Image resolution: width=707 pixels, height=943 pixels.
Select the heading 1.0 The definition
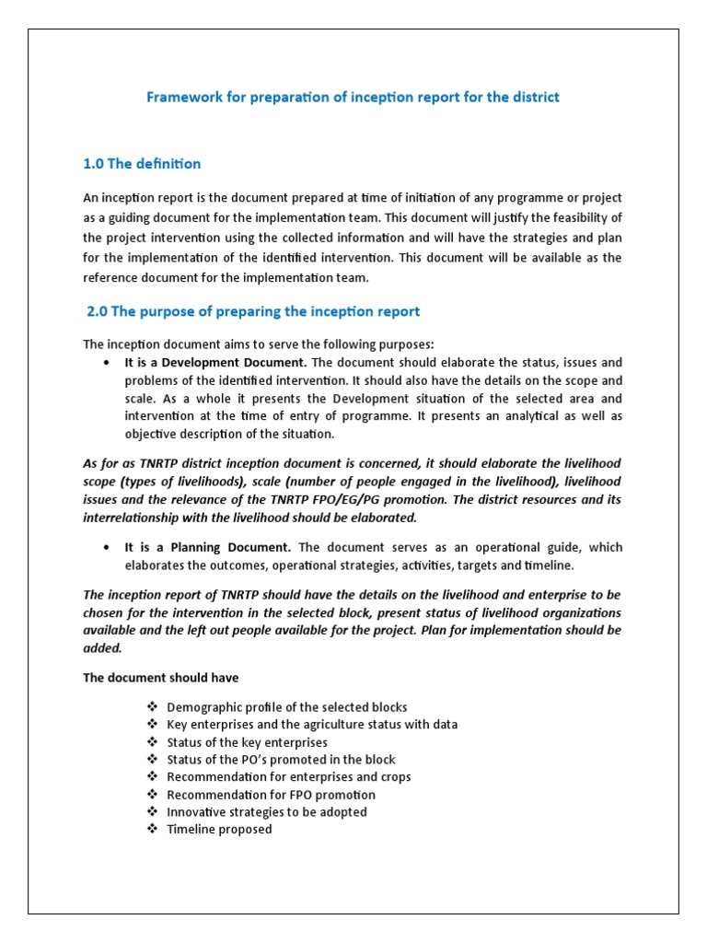click(142, 164)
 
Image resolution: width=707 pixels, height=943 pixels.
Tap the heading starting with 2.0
click(253, 311)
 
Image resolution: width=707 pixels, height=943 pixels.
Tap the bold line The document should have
click(161, 678)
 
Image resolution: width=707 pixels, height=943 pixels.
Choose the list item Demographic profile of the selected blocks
click(287, 707)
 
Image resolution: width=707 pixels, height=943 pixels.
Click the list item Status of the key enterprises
click(247, 742)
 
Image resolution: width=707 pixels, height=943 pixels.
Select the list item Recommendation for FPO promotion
click(271, 795)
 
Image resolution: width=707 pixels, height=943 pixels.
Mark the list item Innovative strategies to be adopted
click(267, 812)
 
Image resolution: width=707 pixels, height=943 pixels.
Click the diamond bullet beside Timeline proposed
click(152, 830)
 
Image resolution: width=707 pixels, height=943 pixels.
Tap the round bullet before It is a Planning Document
click(108, 547)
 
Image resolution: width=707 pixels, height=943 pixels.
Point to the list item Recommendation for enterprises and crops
click(289, 777)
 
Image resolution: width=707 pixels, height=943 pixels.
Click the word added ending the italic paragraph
click(102, 648)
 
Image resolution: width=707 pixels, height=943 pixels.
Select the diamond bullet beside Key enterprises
click(152, 725)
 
